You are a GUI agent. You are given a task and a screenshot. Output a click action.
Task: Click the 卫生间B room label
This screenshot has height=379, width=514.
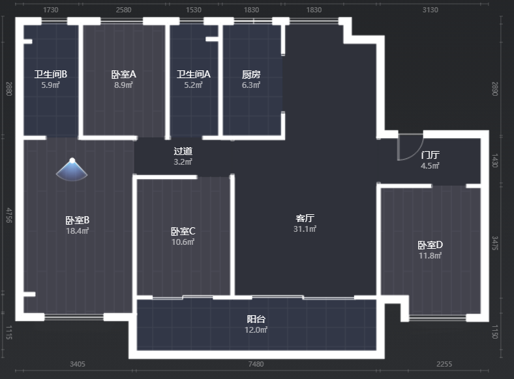pyautogui.click(x=51, y=74)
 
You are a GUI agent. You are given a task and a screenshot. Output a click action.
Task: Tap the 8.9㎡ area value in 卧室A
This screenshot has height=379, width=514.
pyautogui.click(x=123, y=85)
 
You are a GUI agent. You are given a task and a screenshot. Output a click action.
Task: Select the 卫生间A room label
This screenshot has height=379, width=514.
pyautogui.click(x=194, y=74)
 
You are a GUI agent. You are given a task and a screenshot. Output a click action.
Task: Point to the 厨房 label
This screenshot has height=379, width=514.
pyautogui.click(x=251, y=75)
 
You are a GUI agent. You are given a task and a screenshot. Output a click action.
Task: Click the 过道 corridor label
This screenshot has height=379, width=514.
pyautogui.click(x=183, y=151)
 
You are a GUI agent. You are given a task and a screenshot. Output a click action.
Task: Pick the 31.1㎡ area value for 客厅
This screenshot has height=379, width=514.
pyautogui.click(x=305, y=229)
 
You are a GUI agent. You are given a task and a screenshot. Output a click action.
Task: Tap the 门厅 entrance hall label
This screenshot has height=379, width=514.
pyautogui.click(x=430, y=155)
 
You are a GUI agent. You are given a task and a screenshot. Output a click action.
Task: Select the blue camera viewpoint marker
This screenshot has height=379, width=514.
pyautogui.click(x=72, y=169)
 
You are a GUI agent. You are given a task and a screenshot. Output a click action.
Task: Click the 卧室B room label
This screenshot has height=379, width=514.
pyautogui.click(x=78, y=220)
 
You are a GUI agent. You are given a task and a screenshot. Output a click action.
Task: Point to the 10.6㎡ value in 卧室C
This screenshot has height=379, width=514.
pyautogui.click(x=183, y=242)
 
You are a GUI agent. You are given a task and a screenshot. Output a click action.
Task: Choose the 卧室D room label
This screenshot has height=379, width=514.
pyautogui.click(x=430, y=245)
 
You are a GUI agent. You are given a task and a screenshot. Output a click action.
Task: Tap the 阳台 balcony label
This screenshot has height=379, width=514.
pyautogui.click(x=256, y=319)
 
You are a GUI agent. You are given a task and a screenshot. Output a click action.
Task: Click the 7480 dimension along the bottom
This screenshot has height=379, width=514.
pyautogui.click(x=256, y=364)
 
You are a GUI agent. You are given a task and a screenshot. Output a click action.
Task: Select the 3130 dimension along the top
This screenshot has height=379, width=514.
pyautogui.click(x=430, y=10)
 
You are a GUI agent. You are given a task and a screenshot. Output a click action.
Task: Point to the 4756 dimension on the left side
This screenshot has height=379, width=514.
pyautogui.click(x=9, y=216)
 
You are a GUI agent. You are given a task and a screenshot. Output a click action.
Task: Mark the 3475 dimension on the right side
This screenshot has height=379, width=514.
pyautogui.click(x=495, y=243)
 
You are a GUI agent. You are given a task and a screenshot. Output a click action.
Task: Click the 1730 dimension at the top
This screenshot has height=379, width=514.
pyautogui.click(x=51, y=10)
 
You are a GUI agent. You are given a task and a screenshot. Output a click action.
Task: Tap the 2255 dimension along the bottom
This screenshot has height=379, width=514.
pyautogui.click(x=444, y=364)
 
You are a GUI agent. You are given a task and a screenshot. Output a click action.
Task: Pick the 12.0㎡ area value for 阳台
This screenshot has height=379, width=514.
pyautogui.click(x=256, y=330)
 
